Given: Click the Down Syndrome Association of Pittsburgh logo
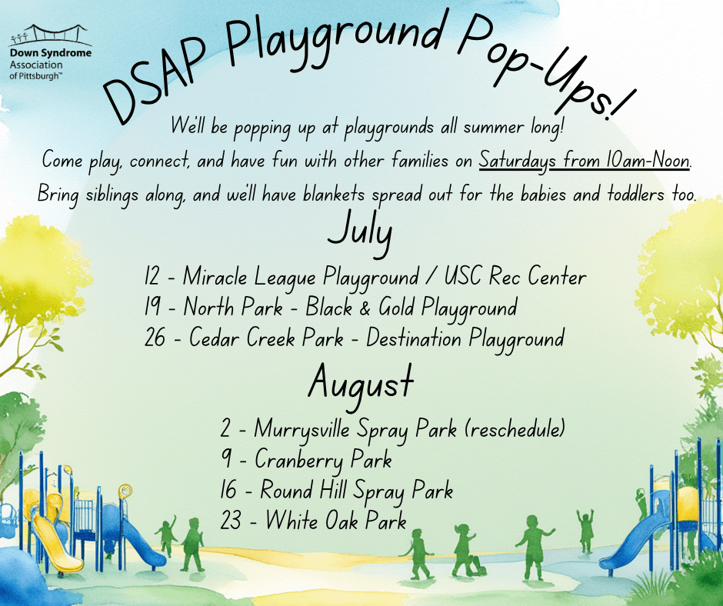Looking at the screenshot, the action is pyautogui.click(x=50, y=52).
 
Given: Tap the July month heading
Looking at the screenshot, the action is pyautogui.click(x=360, y=232).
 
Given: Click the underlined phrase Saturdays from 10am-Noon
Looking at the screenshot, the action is pyautogui.click(x=585, y=161).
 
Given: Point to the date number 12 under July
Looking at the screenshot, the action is pyautogui.click(x=152, y=275).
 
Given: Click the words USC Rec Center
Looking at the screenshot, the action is pyautogui.click(x=515, y=276).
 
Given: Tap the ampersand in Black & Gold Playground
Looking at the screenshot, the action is pyautogui.click(x=365, y=308).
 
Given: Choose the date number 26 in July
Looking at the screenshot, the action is pyautogui.click(x=155, y=337).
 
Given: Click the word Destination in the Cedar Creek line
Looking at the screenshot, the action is pyautogui.click(x=414, y=338).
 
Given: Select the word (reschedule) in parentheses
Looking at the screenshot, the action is pyautogui.click(x=515, y=428).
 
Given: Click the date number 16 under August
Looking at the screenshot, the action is pyautogui.click(x=228, y=489).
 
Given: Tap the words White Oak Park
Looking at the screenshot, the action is pyautogui.click(x=336, y=520).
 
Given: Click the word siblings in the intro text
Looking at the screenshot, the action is pyautogui.click(x=112, y=195).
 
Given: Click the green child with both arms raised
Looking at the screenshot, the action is pyautogui.click(x=585, y=531).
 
